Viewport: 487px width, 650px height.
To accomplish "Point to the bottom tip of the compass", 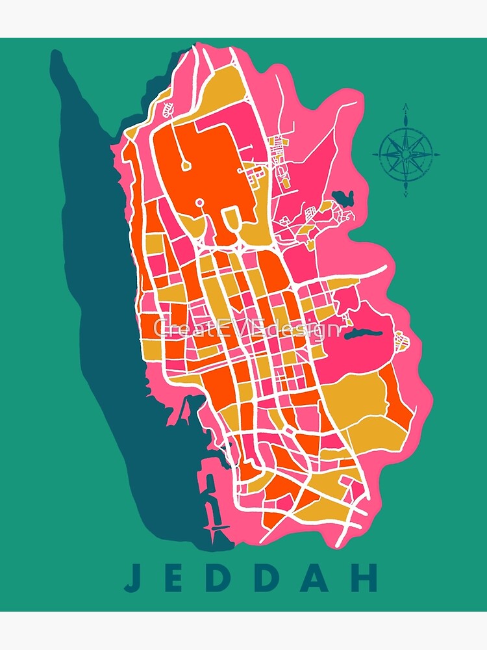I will point(406,194).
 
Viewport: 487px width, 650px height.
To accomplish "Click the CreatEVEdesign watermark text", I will point(247,328).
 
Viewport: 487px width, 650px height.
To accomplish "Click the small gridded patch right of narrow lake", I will point(401,340).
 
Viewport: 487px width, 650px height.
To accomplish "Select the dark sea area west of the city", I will point(97,260).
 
